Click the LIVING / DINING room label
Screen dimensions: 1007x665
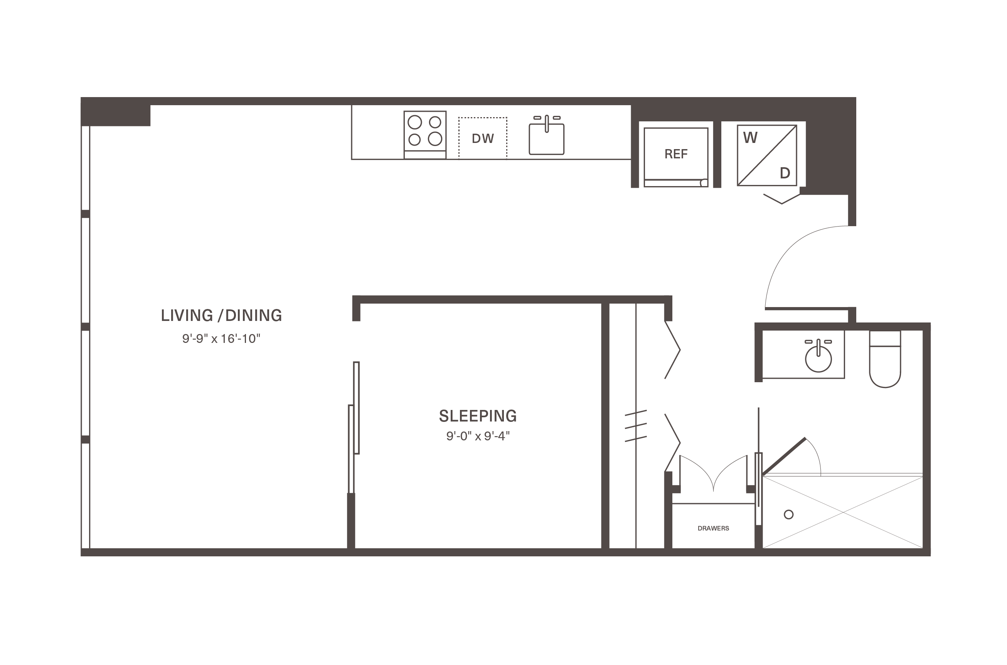221,315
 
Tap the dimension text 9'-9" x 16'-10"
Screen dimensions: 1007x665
221,338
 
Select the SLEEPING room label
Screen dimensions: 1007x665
477,416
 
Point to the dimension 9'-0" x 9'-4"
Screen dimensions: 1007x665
477,436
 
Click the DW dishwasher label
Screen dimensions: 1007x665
483,139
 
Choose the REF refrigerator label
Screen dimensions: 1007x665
675,154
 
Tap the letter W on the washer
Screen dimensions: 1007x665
750,138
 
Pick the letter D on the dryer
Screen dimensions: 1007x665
785,173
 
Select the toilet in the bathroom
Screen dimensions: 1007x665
885,359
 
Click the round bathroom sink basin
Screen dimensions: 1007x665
818,359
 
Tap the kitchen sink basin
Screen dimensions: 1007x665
546,139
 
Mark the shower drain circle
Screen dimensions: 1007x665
788,514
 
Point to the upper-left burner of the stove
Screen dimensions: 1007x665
414,122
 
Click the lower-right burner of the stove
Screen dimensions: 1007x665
435,139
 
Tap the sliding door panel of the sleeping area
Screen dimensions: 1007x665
357,408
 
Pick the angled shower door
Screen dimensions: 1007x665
783,456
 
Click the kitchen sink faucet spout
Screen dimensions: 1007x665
547,124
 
